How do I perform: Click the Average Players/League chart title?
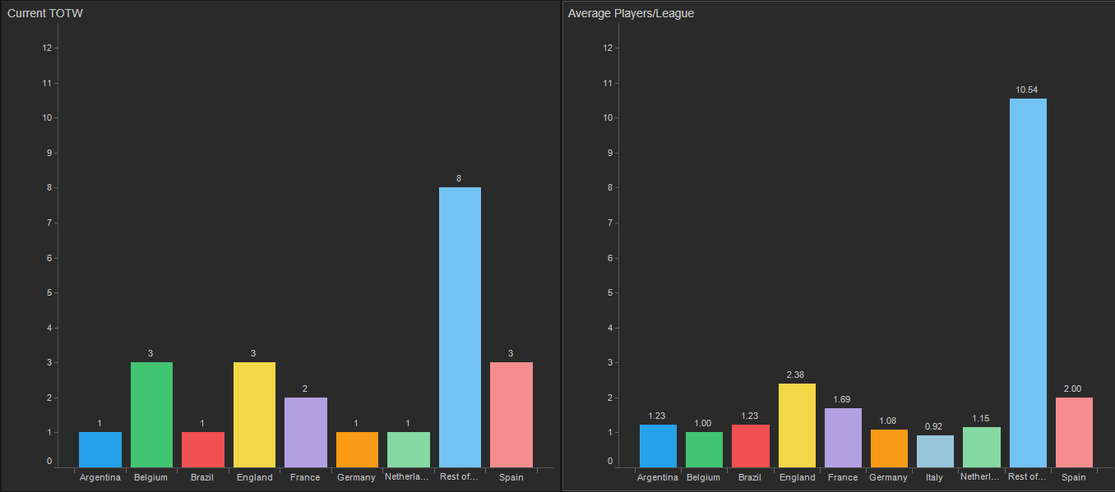point(631,13)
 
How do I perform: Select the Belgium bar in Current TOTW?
point(151,415)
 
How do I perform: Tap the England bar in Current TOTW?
point(254,415)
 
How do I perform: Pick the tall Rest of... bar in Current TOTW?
point(460,329)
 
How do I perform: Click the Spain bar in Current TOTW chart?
point(511,415)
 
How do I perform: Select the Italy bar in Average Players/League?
point(935,451)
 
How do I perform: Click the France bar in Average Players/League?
point(843,438)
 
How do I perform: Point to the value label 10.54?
point(1026,90)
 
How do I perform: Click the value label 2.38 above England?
point(797,375)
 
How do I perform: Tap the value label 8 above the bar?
point(460,178)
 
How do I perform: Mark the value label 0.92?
point(935,426)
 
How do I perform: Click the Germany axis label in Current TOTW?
point(357,477)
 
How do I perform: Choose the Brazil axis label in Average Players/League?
point(751,477)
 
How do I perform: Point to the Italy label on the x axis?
point(935,477)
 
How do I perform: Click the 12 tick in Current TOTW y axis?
point(47,48)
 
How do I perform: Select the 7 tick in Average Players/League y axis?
point(608,223)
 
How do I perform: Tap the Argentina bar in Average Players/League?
point(658,446)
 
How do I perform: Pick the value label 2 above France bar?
point(305,389)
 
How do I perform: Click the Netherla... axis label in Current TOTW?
point(407,476)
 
